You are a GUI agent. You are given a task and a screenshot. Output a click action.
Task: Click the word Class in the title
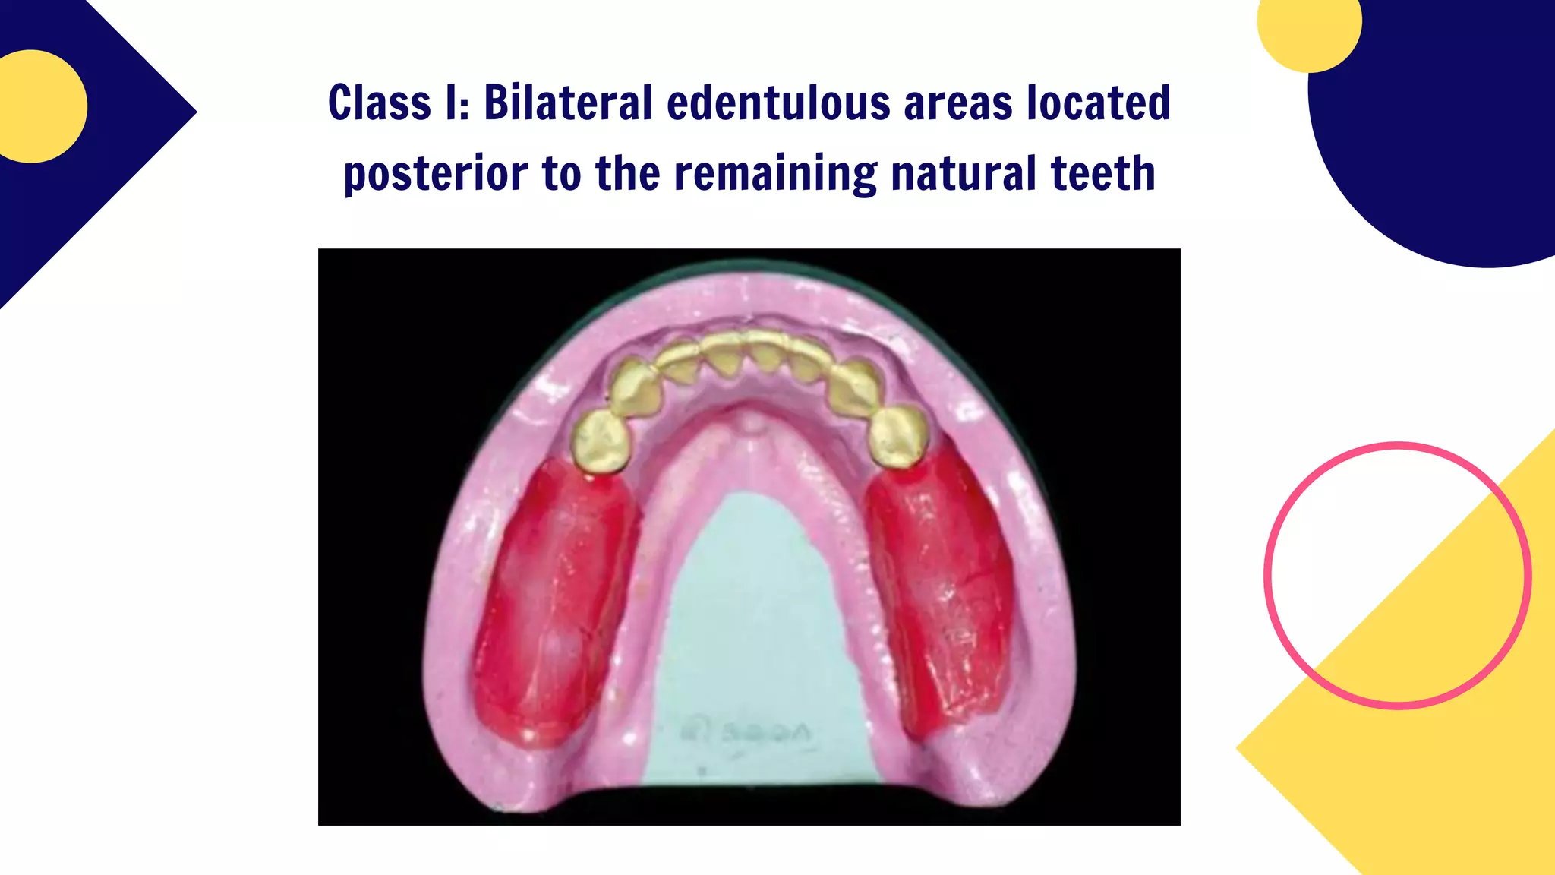(379, 103)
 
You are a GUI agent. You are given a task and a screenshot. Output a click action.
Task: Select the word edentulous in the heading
(777, 103)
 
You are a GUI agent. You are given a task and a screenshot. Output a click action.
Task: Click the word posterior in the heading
(435, 174)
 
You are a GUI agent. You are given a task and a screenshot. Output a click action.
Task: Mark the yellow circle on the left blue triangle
(34, 106)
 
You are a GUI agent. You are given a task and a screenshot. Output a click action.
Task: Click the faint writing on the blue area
(748, 732)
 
